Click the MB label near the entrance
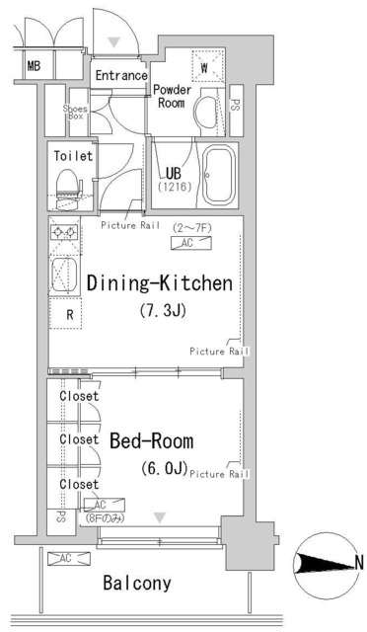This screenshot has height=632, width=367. click(x=33, y=67)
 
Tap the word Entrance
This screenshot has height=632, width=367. click(x=120, y=75)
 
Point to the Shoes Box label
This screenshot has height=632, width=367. click(x=75, y=112)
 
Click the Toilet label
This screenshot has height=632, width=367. click(x=72, y=156)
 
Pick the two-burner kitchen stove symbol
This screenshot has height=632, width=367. click(x=66, y=233)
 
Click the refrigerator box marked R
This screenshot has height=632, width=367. click(x=68, y=315)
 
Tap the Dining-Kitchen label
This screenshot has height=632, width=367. click(x=159, y=284)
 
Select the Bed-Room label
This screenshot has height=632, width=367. click(x=151, y=439)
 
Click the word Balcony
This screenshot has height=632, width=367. click(x=137, y=583)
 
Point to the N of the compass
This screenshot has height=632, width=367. click(x=358, y=563)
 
